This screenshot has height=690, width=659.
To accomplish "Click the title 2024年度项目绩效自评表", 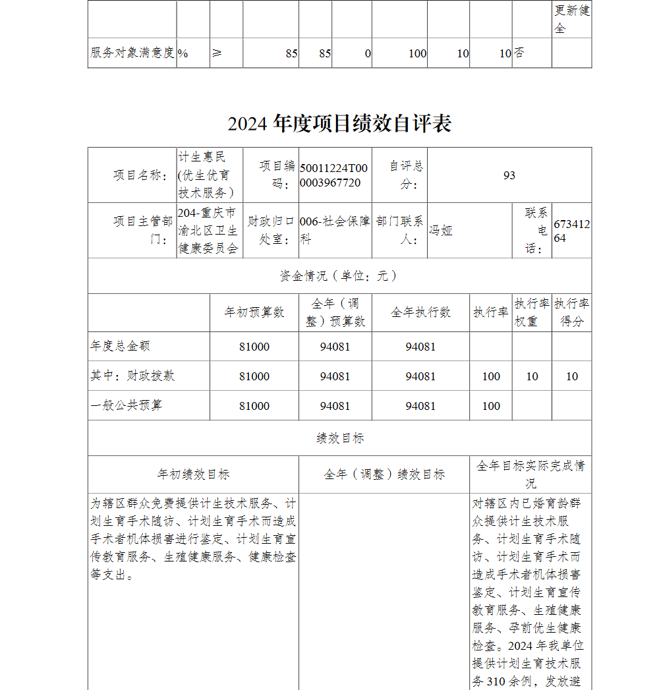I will coord(339,124).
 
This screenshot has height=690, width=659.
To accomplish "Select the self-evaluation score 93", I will coord(509,175).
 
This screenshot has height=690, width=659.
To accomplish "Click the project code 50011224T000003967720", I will coord(334,175).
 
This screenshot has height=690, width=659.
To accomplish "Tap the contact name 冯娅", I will coord(441,231).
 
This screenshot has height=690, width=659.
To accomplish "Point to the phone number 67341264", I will coord(571,231).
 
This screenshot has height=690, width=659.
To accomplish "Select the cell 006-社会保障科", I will coord(334,230).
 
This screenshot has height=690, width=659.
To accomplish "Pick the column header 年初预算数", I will coord(254,312).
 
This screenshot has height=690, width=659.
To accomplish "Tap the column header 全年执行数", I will coord(420,312).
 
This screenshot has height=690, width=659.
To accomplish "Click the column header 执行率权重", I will coord(532,312).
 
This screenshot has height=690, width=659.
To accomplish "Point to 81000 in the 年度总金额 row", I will coord(254,347).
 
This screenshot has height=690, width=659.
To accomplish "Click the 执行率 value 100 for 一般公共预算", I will coord(491,406).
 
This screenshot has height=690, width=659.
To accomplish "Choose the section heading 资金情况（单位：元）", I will coord(339,275).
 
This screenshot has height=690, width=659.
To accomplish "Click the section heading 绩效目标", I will coord(339,438).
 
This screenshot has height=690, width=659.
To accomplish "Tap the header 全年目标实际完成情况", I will coord(530,474).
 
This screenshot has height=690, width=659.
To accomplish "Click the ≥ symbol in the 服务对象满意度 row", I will coord(217,53).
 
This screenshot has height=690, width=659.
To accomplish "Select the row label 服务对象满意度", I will coord(132,53).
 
